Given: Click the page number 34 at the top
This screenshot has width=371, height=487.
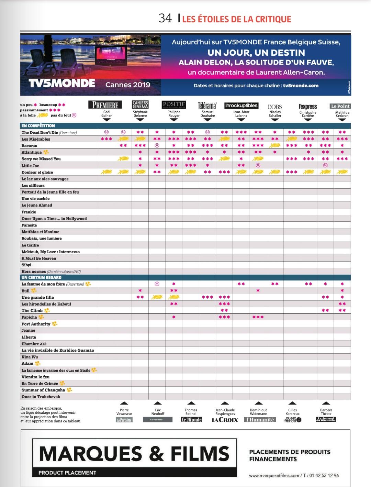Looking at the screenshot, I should click(x=165, y=18).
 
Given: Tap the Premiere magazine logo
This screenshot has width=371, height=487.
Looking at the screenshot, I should click(x=105, y=105).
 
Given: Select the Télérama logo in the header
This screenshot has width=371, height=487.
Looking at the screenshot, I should click(x=207, y=105).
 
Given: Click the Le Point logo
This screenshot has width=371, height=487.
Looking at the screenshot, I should click(x=340, y=106).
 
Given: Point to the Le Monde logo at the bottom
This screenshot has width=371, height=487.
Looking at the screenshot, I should click(x=191, y=420).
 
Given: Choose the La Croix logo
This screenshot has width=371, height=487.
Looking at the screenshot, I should click(x=225, y=420).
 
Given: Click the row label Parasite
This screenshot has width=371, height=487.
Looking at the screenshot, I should click(x=29, y=225).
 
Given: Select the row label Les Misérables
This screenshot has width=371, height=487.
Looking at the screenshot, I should click(x=36, y=139).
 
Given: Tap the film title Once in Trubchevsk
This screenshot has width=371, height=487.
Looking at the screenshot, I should click(x=41, y=397).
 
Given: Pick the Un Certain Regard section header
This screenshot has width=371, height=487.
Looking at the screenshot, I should click(x=42, y=277).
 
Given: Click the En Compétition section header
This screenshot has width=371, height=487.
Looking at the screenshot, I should click(x=38, y=126).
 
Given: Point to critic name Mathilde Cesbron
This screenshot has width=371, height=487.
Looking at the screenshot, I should click(x=342, y=114).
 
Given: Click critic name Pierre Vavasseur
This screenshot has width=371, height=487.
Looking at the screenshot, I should click(x=124, y=412).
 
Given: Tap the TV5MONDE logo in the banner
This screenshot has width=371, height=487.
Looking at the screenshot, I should click(x=62, y=84).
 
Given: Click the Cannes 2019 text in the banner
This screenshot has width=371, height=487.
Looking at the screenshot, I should click(x=128, y=85).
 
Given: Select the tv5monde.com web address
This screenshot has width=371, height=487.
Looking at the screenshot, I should click(x=301, y=86).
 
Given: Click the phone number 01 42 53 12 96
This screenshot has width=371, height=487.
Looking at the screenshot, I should click(x=324, y=476).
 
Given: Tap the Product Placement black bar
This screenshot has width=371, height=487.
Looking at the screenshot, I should click(x=134, y=473).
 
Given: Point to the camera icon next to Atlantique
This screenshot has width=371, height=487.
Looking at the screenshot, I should click(x=46, y=152).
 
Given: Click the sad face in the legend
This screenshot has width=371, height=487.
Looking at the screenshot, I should click(x=74, y=115).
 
